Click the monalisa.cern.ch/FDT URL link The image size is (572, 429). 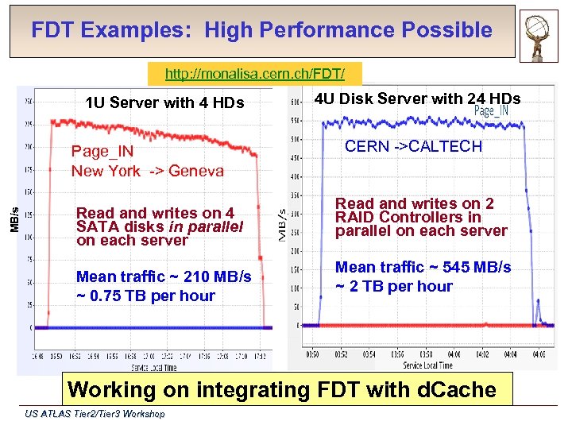(x=255, y=75)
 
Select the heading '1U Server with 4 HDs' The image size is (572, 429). (x=165, y=102)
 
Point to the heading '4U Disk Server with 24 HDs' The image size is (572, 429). (x=417, y=99)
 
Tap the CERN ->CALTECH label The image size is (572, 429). (x=413, y=146)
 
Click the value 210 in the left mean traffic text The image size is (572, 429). (x=196, y=277)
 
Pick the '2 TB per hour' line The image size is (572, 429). (x=394, y=286)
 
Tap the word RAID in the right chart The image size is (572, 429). (x=355, y=218)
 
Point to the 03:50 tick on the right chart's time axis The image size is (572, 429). (x=312, y=354)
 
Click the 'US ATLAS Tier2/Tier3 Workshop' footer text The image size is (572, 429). (x=95, y=414)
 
